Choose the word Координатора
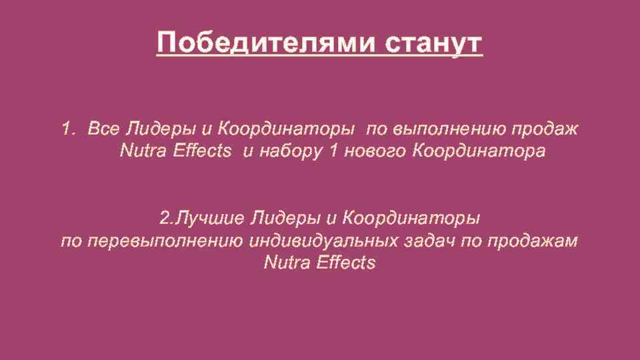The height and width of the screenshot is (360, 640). click(479, 151)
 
